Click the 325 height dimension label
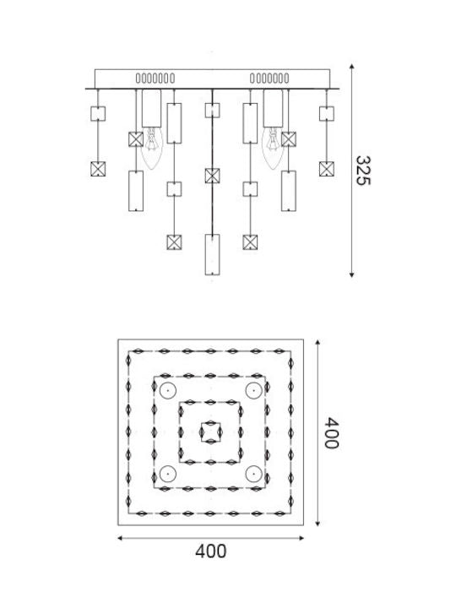(363, 171)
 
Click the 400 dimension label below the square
(210, 551)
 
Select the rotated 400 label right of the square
(331, 432)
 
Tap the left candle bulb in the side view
(152, 148)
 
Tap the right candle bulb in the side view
(273, 148)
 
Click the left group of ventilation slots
(155, 79)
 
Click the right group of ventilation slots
(269, 79)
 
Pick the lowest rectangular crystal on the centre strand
(212, 254)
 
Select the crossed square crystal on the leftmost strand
(98, 169)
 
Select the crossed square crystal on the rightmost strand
(327, 169)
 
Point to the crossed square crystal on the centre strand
(212, 176)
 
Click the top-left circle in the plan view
(168, 391)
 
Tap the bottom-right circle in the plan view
(254, 474)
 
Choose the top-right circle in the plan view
(254, 391)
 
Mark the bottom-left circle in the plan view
(168, 474)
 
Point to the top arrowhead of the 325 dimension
(351, 67)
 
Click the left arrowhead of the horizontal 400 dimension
(120, 538)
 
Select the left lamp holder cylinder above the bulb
(152, 108)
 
